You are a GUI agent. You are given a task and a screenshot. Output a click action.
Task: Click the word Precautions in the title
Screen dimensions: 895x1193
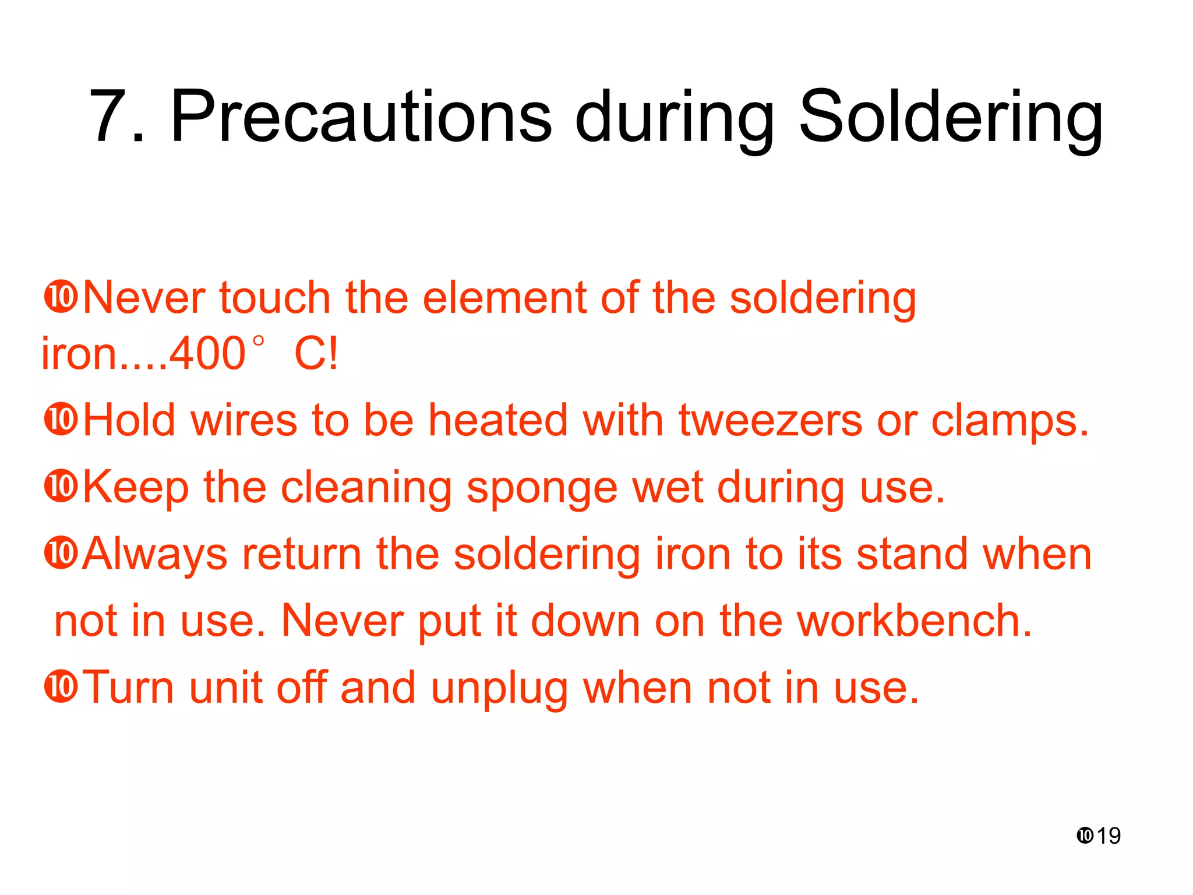[x=361, y=117]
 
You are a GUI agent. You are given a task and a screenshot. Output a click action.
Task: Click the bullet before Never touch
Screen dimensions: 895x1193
[x=61, y=297]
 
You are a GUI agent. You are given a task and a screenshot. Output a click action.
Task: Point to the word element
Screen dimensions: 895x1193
[x=504, y=298]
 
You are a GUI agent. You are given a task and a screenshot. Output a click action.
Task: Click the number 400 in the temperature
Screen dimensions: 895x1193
[x=207, y=354]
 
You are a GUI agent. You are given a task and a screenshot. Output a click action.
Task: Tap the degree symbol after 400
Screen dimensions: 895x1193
[x=259, y=341]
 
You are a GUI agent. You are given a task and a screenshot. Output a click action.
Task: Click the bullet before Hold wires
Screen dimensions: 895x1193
[x=61, y=419]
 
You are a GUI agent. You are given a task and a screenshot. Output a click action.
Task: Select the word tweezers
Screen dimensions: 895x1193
[x=770, y=421]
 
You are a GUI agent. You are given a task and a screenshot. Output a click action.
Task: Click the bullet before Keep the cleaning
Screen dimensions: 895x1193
[x=61, y=487]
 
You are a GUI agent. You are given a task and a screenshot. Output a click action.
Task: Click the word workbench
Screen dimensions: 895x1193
[x=914, y=621]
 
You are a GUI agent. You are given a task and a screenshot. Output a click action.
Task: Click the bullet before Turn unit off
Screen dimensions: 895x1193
[x=61, y=686]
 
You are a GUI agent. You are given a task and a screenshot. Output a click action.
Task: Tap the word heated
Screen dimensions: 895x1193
[x=498, y=421]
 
